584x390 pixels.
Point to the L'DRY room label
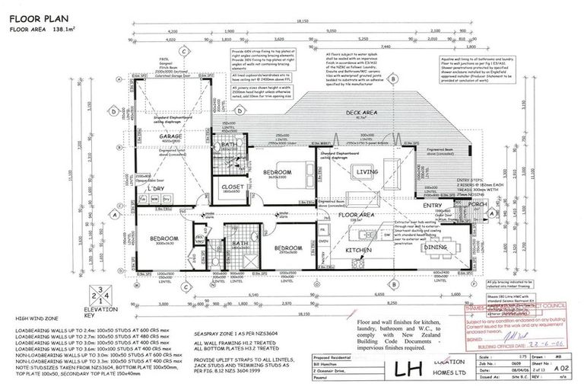coord(157,187)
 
